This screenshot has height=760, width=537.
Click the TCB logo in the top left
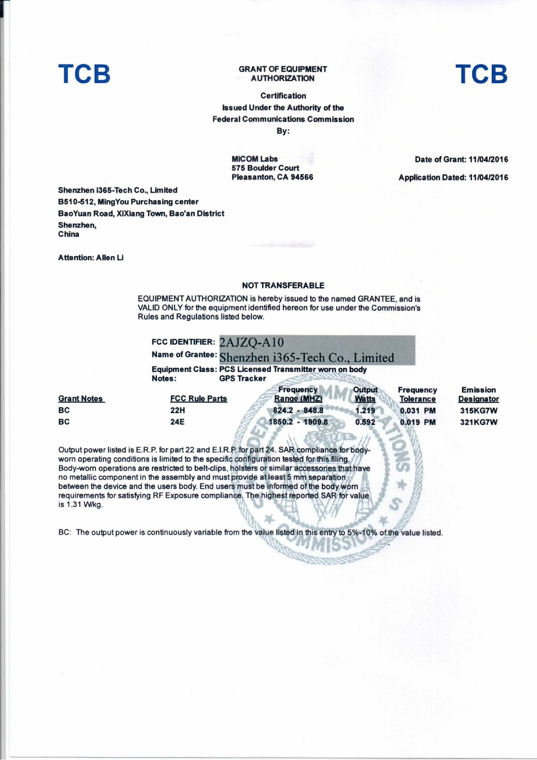coord(84,74)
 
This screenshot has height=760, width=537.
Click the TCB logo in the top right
coord(481,74)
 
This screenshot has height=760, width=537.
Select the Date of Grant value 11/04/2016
coord(488,160)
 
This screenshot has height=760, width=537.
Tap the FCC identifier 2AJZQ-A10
coord(251,342)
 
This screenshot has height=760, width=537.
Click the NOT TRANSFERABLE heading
coord(283,286)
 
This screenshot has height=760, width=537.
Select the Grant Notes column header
coord(81,399)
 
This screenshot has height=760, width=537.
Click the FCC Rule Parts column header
coord(199,399)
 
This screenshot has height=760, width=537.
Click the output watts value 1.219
coord(365,411)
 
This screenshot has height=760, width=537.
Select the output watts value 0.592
coord(365,422)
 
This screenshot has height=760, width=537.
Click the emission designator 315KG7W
coord(478,411)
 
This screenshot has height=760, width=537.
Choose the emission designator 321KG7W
coord(478,422)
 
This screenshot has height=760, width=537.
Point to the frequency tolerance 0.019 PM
coord(417,422)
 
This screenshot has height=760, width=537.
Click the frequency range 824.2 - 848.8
coord(298,411)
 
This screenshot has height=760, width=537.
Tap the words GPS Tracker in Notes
coord(242,379)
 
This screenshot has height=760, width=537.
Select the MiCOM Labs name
coord(254,159)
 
